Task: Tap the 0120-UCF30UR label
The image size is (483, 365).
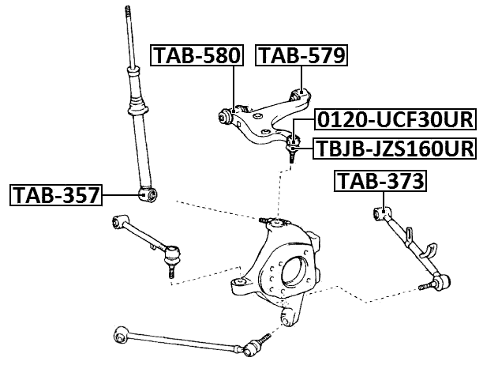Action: click(395, 120)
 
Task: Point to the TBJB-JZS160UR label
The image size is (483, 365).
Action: click(395, 148)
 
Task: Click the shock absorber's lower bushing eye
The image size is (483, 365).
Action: click(146, 194)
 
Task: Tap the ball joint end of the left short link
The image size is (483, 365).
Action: click(170, 256)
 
